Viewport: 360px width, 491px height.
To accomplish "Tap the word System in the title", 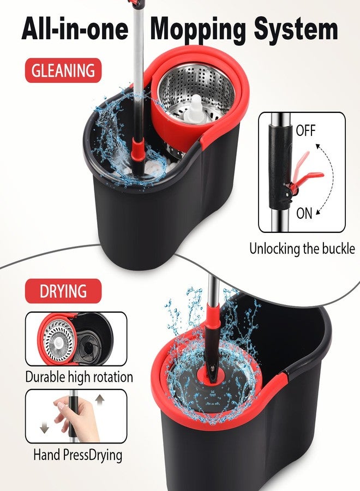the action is click(296, 30).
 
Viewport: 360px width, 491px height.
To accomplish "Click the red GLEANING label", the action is click(63, 70).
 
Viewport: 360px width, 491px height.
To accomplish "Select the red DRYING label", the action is click(63, 291).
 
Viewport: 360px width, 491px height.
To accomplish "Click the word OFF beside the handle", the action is click(306, 130).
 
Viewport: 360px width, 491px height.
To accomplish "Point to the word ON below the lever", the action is click(304, 213).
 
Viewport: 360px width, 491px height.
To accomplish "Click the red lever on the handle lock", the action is click(304, 172).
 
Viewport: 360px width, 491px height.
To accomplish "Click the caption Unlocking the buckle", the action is click(302, 249).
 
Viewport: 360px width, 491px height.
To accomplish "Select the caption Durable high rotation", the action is click(79, 376).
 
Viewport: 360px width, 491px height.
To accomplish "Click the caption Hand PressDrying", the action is click(77, 455).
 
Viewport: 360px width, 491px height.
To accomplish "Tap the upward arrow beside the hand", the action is click(100, 400).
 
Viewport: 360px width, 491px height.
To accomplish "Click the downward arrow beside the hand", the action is click(44, 428).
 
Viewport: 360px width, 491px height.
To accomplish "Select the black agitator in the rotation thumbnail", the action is click(90, 346).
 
